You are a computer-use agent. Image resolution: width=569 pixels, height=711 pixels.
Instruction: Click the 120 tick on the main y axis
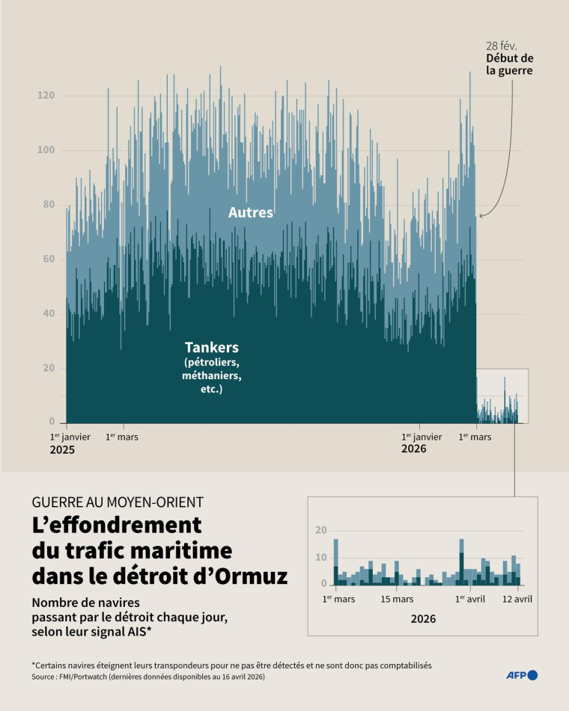(x=46, y=96)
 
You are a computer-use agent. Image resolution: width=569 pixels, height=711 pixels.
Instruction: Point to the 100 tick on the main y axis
(x=46, y=150)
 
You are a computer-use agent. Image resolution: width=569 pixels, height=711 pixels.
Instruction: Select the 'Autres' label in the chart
(x=251, y=212)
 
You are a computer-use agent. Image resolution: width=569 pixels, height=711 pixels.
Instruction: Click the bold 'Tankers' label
(x=212, y=348)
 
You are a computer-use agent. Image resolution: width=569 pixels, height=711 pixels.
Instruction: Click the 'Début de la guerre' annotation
(x=509, y=64)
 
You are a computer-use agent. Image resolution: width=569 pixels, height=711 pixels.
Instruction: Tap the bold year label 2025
(x=63, y=451)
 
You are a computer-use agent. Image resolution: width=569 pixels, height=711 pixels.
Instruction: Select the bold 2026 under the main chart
(x=414, y=449)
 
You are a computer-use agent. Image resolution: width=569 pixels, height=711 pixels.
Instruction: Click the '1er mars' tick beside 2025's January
(x=121, y=437)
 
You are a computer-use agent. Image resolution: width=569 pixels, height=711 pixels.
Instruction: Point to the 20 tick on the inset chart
(x=321, y=530)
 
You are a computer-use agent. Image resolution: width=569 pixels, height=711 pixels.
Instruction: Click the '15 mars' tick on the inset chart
(x=397, y=599)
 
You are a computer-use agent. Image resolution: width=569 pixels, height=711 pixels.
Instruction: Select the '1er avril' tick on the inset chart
(x=470, y=599)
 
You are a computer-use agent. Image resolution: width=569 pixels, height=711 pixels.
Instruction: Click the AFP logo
(x=522, y=675)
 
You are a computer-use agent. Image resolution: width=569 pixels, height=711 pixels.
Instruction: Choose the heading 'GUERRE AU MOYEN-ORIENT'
(x=118, y=502)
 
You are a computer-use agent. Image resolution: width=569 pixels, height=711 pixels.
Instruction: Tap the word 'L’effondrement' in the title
(x=117, y=524)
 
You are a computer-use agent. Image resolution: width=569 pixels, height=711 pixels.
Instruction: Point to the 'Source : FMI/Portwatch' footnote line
(x=148, y=677)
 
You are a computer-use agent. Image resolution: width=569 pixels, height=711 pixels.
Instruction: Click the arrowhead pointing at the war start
(x=481, y=216)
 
